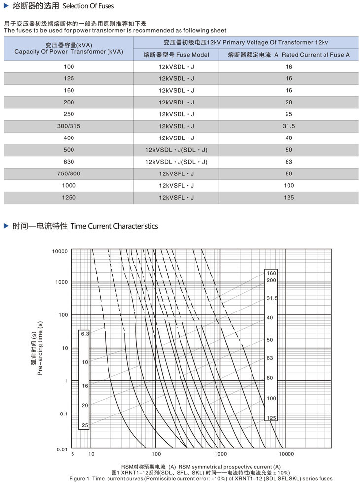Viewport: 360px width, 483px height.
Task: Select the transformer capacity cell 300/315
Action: pos(69,126)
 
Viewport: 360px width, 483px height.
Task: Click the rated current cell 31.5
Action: pos(288,126)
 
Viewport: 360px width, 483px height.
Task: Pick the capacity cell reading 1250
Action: pos(69,197)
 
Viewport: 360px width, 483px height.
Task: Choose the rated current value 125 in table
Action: pos(288,197)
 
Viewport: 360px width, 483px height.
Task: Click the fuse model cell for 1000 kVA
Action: pos(176,185)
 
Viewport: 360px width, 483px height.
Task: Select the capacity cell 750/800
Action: pos(69,173)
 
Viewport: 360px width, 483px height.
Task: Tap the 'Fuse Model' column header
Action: pos(176,55)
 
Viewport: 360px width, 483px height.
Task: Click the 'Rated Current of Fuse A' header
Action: pos(288,55)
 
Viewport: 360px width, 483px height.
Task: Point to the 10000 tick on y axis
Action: pos(59,251)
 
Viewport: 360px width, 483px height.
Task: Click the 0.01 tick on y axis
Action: pos(61,449)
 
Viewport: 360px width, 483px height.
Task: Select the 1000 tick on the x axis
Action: pos(220,454)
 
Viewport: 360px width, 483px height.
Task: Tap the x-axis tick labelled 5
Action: pos(72,454)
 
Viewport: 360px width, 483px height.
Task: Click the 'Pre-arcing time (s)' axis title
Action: pos(40,348)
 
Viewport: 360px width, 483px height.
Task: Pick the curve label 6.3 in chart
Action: pos(85,334)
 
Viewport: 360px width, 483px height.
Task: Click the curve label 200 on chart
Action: pos(271,280)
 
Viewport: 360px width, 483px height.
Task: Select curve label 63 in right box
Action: pos(270,358)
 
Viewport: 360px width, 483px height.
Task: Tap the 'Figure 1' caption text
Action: pos(201,478)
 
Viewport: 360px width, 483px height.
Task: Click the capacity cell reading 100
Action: pos(69,67)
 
